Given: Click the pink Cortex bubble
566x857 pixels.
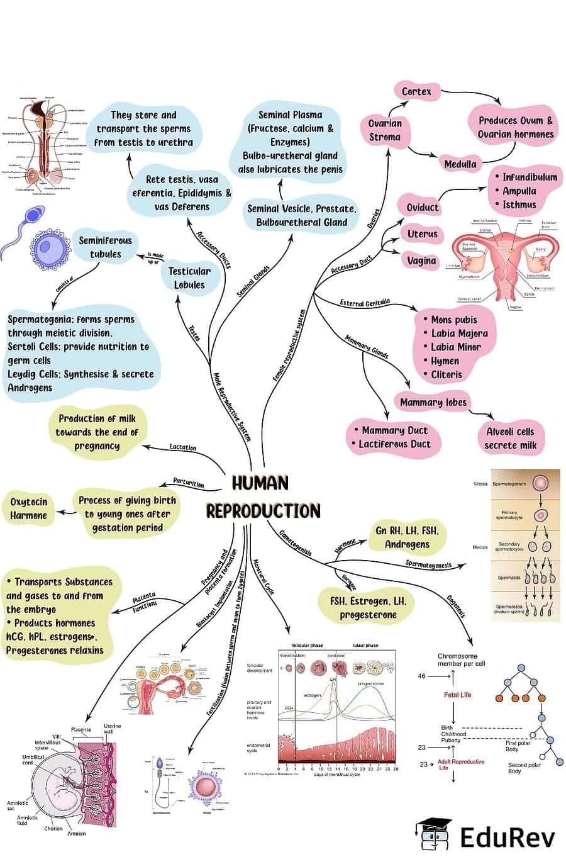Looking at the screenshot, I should click(416, 92).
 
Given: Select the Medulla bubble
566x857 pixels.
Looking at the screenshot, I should click(460, 164).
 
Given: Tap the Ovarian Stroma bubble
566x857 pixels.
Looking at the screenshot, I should click(384, 130).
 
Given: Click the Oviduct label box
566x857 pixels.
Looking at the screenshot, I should click(422, 208).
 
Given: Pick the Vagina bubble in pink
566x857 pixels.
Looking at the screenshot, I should click(421, 260).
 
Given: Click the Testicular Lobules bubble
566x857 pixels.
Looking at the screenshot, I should click(189, 277).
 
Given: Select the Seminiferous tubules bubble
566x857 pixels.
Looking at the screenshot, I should click(105, 247).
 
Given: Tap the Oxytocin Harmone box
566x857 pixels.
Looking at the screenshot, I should click(28, 508).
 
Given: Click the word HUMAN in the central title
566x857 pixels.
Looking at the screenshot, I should click(260, 483).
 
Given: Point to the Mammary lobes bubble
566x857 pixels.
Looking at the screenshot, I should click(433, 403).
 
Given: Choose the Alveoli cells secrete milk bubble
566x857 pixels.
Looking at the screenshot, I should click(509, 439).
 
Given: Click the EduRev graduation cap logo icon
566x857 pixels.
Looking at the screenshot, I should click(433, 835).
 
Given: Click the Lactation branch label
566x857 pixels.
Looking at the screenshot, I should click(183, 447).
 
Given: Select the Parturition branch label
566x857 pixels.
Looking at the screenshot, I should click(189, 483).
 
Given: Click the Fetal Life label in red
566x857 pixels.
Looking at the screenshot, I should click(457, 695).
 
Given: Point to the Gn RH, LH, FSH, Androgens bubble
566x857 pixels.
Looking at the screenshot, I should click(406, 537).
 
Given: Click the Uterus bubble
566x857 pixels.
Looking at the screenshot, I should click(422, 234).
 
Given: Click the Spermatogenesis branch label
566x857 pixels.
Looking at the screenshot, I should click(428, 564).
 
